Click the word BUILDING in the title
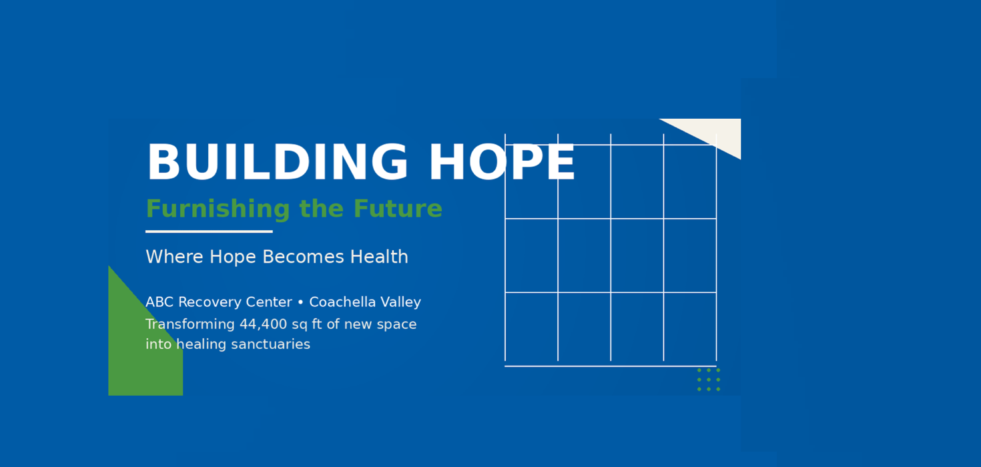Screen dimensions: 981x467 pos(278,162)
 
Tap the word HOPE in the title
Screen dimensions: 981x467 pos(502,162)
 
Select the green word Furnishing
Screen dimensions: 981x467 pos(218,209)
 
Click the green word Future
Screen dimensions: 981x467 pos(398,208)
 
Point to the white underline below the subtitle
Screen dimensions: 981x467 pos(209,231)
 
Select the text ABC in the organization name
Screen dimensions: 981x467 pos(159,302)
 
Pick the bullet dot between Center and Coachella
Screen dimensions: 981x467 pos(300,302)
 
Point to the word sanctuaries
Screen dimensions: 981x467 pos(271,344)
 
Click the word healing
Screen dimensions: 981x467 pos(202,344)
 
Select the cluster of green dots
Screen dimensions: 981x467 pos(709,380)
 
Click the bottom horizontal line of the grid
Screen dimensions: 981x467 pos(611,366)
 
